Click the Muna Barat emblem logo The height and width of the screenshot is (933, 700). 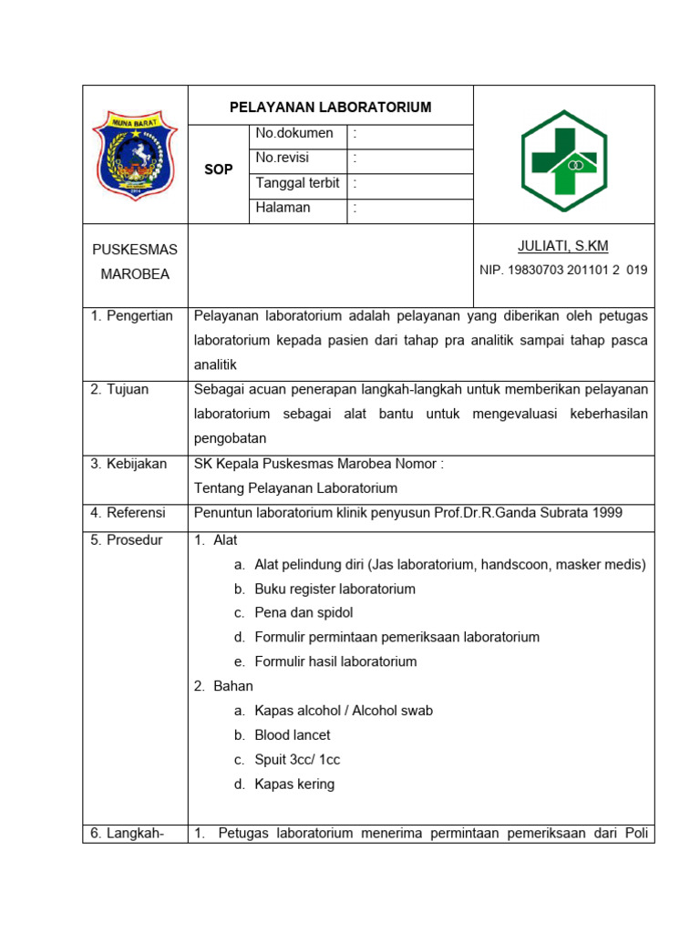135,155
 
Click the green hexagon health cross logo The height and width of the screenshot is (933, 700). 564,160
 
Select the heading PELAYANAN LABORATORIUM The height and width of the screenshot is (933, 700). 330,108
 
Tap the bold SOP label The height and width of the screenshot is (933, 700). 219,169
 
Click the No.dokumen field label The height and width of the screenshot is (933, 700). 294,134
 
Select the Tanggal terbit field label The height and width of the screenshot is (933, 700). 297,183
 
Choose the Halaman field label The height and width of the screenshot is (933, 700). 283,208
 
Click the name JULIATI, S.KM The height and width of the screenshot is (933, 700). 562,246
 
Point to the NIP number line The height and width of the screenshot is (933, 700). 563,271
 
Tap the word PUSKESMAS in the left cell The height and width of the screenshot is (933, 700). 135,250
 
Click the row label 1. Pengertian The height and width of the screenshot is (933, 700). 131,316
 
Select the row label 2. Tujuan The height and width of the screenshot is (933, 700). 119,390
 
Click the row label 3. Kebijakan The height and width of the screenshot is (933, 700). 129,464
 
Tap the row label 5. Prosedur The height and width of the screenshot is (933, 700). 126,540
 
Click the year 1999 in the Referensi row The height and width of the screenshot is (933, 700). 606,513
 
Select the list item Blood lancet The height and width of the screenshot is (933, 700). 292,735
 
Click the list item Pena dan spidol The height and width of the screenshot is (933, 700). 304,613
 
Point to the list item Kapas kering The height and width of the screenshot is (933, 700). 294,784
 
